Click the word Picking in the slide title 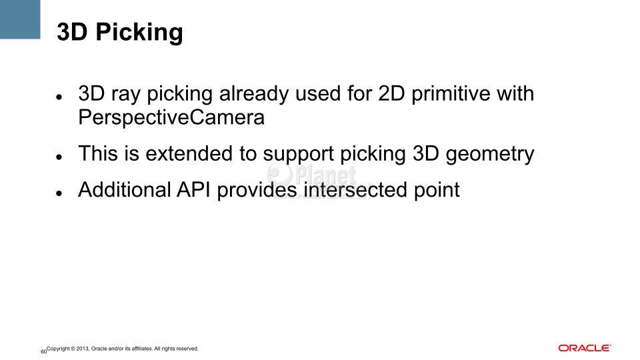139,32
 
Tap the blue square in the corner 20,19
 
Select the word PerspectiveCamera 171,117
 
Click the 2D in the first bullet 391,93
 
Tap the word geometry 490,154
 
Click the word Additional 125,190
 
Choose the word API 193,190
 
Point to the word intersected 355,190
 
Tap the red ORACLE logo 585,348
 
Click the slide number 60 44,351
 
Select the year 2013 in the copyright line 83,349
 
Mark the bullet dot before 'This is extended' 59,157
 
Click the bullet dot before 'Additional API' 59,193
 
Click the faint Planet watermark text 325,175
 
